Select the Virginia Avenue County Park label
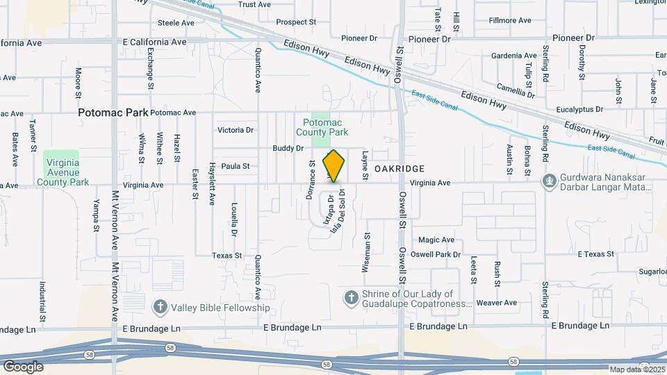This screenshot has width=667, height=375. (67, 172)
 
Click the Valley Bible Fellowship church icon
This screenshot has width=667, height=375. (160, 307)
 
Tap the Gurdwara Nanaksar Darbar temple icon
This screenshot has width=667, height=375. (550, 181)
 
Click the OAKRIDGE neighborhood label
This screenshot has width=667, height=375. (399, 169)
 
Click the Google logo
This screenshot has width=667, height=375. (23, 366)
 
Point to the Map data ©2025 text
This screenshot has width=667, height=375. (637, 369)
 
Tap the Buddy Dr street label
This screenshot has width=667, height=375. (288, 148)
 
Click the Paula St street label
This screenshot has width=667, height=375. (235, 167)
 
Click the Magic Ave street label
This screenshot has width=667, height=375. (436, 240)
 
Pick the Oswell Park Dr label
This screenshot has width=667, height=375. (436, 254)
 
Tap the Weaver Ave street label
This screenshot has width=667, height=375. (497, 303)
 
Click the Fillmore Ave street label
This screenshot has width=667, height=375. (510, 21)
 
